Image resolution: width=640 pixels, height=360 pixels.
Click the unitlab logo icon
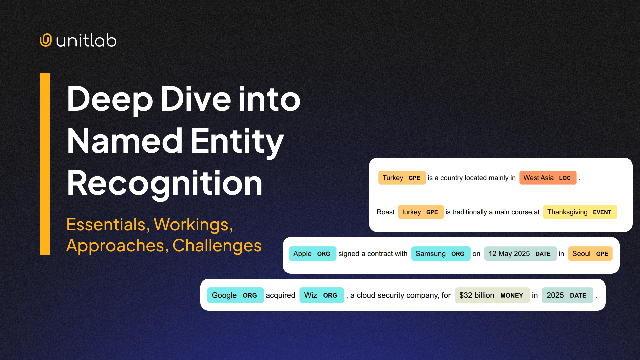point(46,40)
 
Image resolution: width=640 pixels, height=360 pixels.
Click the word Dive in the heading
point(195,99)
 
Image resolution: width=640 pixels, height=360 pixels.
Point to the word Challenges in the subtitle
point(217,246)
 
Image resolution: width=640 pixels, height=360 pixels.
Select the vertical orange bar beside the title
point(45,164)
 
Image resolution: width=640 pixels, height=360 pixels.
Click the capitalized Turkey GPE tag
point(402,178)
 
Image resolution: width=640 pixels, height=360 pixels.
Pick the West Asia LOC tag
point(547,178)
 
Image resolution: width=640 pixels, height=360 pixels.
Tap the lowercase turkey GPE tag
point(420,212)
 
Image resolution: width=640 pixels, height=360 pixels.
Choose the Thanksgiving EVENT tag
point(580,212)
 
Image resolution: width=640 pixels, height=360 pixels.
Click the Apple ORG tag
point(312,254)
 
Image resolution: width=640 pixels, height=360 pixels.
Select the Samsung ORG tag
point(440,254)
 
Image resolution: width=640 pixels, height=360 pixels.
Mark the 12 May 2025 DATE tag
point(520,254)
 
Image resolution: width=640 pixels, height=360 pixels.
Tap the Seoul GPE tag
point(590,254)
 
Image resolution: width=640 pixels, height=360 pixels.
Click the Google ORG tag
point(235,295)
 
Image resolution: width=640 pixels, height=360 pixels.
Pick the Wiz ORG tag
point(321,295)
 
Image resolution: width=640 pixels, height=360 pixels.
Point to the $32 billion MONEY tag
point(492,295)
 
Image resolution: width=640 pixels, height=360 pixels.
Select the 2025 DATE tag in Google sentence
point(567,295)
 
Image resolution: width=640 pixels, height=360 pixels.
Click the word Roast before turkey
point(386,212)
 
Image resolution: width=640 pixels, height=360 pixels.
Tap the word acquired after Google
point(280,295)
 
